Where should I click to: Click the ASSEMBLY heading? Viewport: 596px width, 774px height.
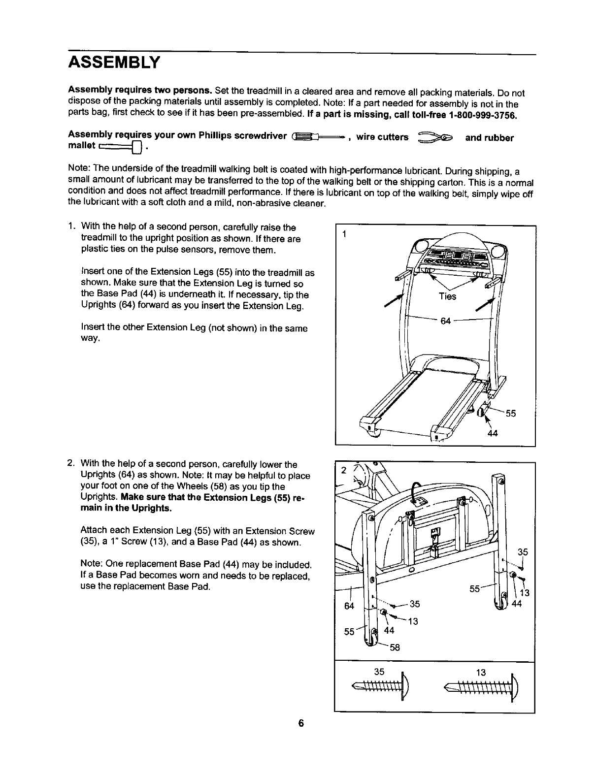click(x=114, y=63)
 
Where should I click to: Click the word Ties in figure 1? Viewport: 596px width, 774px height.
click(x=447, y=296)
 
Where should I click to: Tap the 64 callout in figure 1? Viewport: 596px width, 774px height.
click(x=445, y=321)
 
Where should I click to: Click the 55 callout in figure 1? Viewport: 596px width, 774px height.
click(x=510, y=413)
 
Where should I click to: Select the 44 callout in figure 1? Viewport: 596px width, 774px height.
click(x=492, y=434)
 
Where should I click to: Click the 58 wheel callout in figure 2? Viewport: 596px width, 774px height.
click(x=395, y=647)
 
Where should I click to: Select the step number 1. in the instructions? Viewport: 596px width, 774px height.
click(x=72, y=227)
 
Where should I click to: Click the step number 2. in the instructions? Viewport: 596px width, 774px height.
click(x=71, y=464)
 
